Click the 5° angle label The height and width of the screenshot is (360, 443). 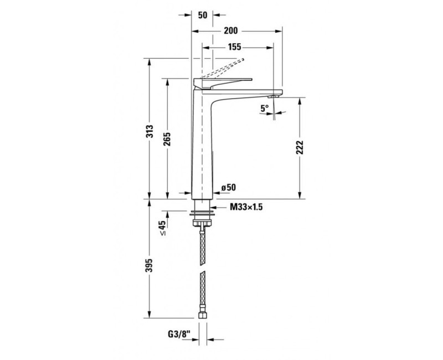click(x=264, y=109)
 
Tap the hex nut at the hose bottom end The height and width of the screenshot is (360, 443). click(x=203, y=316)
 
